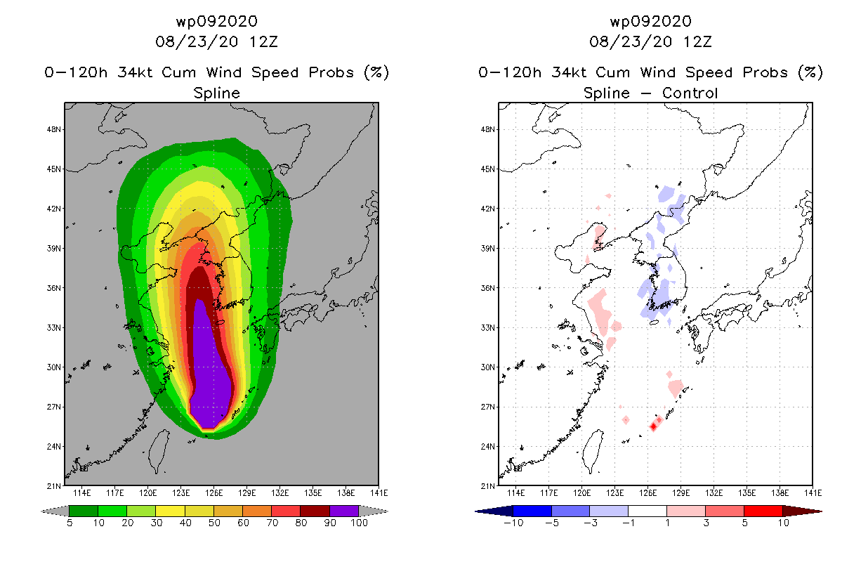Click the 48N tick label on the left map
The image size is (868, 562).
[x=53, y=129]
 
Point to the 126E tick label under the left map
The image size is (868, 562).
[x=214, y=493]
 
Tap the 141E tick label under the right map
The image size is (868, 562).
[x=813, y=493]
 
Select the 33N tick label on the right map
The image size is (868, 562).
[x=487, y=328]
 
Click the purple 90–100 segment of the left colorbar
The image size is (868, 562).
[x=344, y=511]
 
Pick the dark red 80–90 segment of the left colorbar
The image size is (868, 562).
[x=315, y=511]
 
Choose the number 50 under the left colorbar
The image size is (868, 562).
[x=214, y=523]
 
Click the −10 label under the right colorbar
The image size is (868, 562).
[x=513, y=523]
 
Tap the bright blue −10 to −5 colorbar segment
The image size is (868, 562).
[x=532, y=511]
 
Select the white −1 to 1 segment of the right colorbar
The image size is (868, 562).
[x=647, y=511]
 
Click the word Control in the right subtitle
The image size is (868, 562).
[x=690, y=93]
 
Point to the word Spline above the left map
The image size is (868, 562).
[x=216, y=93]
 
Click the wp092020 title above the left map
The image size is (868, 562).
[x=216, y=21]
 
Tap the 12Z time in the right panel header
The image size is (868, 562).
[x=697, y=41]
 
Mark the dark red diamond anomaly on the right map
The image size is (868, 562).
[x=653, y=426]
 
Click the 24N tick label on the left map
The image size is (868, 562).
[x=53, y=447]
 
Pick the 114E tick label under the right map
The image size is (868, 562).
[x=515, y=493]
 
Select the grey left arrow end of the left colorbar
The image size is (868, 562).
[x=55, y=511]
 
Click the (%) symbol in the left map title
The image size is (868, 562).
[x=376, y=72]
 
